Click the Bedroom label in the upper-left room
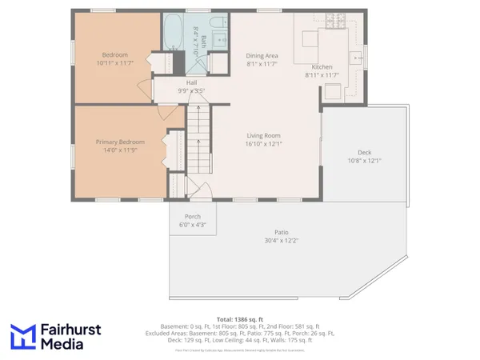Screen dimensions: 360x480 click(x=114, y=54)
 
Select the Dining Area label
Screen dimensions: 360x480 click(x=262, y=55)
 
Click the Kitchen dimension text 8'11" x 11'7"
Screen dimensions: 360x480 click(x=322, y=75)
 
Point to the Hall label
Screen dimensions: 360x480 click(x=192, y=82)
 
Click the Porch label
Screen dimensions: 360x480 click(x=192, y=217)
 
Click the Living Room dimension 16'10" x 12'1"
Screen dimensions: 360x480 click(x=263, y=144)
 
